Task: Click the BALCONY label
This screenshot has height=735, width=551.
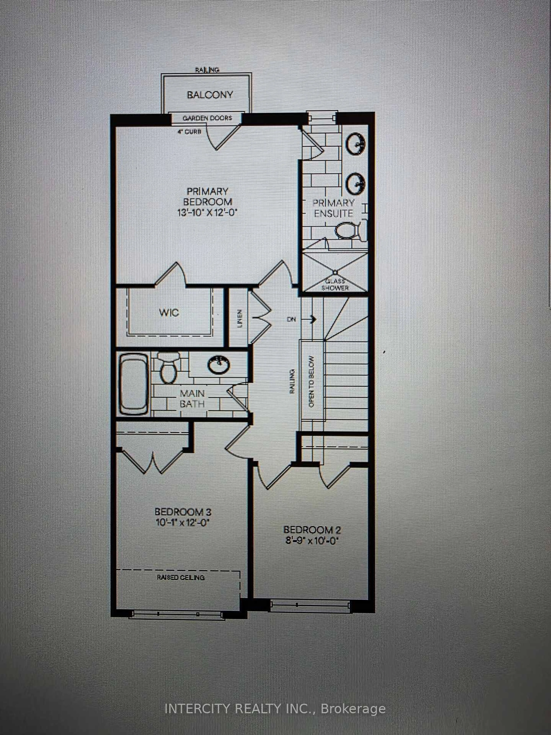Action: pyautogui.click(x=210, y=95)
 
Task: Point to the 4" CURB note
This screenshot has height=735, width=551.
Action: pyautogui.click(x=189, y=132)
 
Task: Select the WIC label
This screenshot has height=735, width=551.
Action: pyautogui.click(x=169, y=313)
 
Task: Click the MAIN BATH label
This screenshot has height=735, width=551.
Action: pyautogui.click(x=192, y=398)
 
